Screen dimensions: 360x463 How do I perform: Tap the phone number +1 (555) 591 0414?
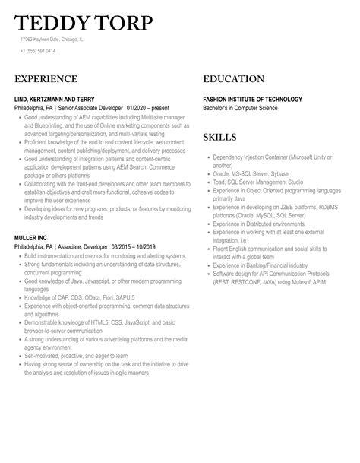[38, 51]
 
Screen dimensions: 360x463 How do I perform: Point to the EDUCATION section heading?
[233, 79]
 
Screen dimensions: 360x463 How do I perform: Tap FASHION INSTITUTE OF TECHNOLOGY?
[252, 100]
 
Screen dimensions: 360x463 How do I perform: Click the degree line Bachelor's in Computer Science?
[240, 108]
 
